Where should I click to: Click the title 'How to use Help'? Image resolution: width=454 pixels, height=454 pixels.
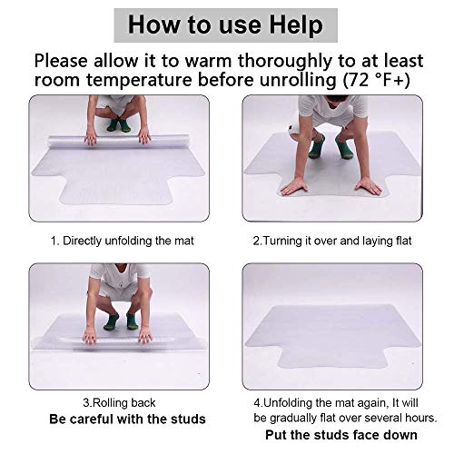226,24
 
